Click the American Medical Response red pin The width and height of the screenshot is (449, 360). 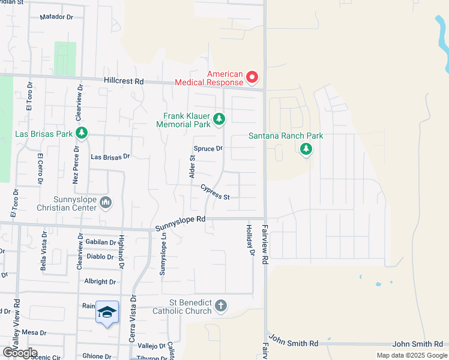tap(252, 77)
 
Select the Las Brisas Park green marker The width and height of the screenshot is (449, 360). tap(82, 132)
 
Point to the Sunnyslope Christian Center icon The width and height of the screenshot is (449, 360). tap(106, 202)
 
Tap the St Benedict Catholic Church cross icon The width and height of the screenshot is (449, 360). tap(220, 307)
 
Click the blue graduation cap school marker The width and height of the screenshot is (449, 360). tap(107, 313)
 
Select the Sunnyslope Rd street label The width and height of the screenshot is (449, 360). tap(180, 224)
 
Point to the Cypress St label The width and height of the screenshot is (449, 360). tap(215, 192)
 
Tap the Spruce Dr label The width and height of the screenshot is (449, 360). tap(208, 148)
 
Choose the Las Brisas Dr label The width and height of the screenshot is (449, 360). tap(110, 157)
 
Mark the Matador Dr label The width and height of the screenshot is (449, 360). tap(56, 17)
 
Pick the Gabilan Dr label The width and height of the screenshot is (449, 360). tap(101, 242)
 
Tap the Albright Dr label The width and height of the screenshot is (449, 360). tap(100, 281)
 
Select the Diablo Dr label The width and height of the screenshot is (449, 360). tap(100, 256)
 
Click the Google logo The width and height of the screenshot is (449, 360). tap(20, 353)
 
